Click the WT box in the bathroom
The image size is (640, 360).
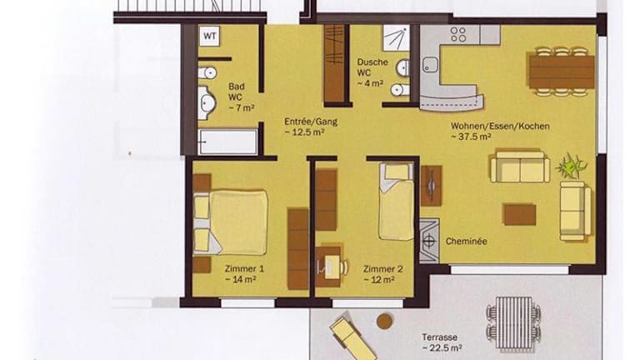(x=210, y=36)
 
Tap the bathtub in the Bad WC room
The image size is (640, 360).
(x=227, y=142)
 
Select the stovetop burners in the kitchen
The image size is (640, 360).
(x=458, y=34)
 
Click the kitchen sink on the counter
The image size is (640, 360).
(x=430, y=65)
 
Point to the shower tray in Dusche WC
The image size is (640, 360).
(x=396, y=38)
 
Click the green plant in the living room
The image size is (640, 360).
(x=571, y=166)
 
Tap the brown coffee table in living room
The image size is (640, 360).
(x=520, y=215)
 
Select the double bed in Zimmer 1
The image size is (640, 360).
(x=231, y=222)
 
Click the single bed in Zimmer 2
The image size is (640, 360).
(x=396, y=201)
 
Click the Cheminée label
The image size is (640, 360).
(x=466, y=241)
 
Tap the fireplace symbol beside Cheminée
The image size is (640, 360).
(x=429, y=241)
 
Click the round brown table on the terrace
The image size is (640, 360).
(x=384, y=321)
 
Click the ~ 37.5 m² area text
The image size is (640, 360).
(x=471, y=137)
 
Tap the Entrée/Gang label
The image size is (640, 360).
(x=311, y=122)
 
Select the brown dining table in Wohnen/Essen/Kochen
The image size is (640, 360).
(x=562, y=72)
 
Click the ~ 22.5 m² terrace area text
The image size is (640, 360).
(x=442, y=347)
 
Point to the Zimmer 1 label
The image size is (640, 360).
(x=244, y=269)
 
